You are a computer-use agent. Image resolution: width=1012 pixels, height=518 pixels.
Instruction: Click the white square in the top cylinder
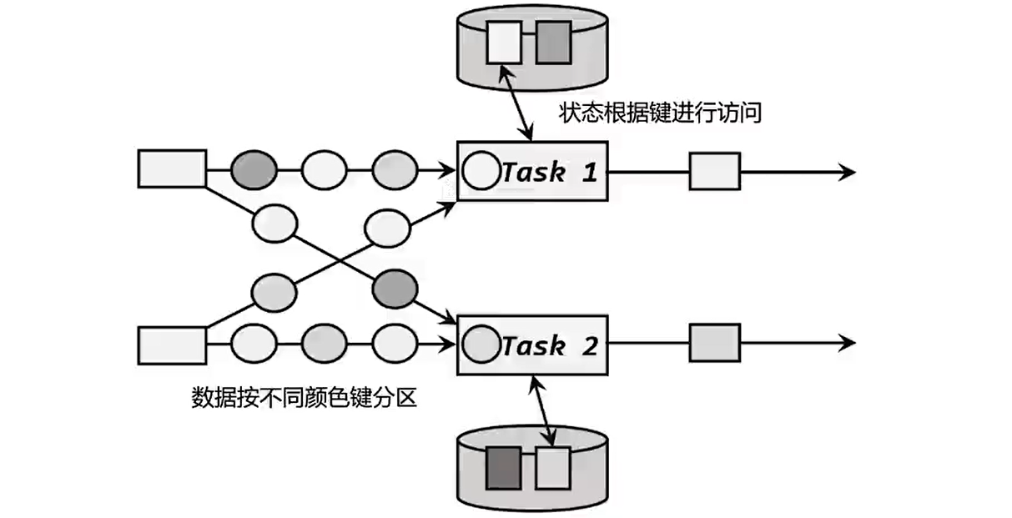pyautogui.click(x=504, y=42)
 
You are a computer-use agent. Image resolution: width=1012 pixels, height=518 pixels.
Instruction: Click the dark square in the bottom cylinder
pyautogui.click(x=503, y=468)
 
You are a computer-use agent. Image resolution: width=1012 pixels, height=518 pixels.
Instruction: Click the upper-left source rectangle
pyautogui.click(x=172, y=168)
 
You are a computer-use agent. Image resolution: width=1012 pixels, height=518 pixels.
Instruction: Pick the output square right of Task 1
pyautogui.click(x=715, y=171)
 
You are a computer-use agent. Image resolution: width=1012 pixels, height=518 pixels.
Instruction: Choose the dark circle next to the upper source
pyautogui.click(x=253, y=170)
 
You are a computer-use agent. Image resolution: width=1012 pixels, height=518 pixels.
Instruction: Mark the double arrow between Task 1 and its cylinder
pyautogui.click(x=518, y=104)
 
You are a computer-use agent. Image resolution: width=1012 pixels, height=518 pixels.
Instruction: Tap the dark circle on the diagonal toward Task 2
pyautogui.click(x=395, y=288)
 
